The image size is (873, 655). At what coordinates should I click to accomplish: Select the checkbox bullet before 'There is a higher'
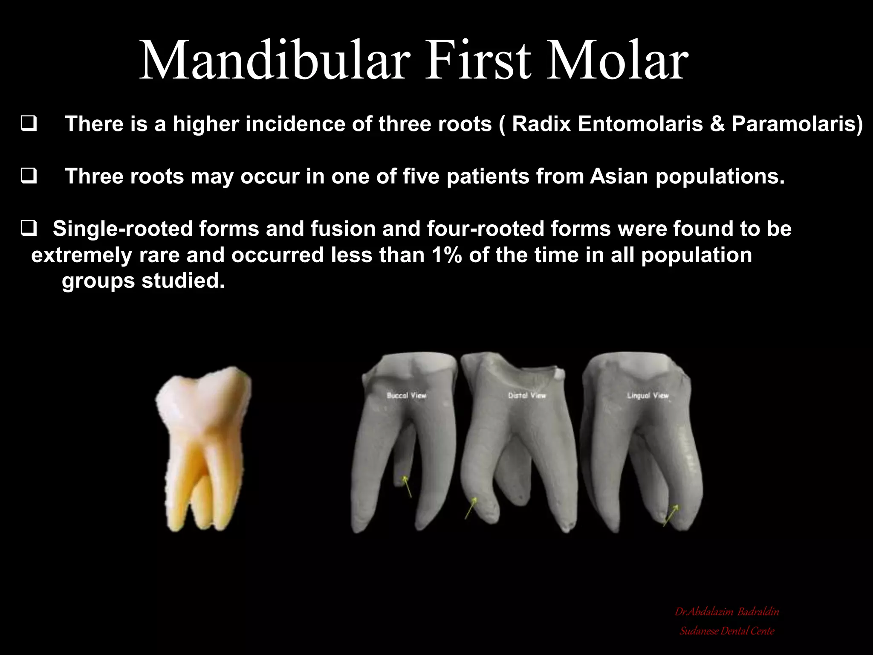[x=29, y=124]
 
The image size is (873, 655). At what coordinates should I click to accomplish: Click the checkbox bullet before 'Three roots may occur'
[x=29, y=176]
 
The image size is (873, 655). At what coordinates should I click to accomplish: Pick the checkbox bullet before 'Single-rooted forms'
[x=29, y=229]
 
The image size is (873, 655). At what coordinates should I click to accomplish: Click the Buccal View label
[x=406, y=395]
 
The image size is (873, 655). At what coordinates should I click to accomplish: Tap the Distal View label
[x=527, y=395]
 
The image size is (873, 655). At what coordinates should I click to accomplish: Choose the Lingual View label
[x=648, y=395]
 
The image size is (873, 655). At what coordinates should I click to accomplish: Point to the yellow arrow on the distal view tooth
[x=471, y=508]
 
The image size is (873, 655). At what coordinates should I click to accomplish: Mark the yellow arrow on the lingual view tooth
[x=671, y=515]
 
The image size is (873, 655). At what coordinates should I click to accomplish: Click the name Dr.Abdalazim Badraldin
[x=727, y=612]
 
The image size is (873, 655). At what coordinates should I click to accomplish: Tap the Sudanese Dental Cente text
[x=727, y=631]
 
